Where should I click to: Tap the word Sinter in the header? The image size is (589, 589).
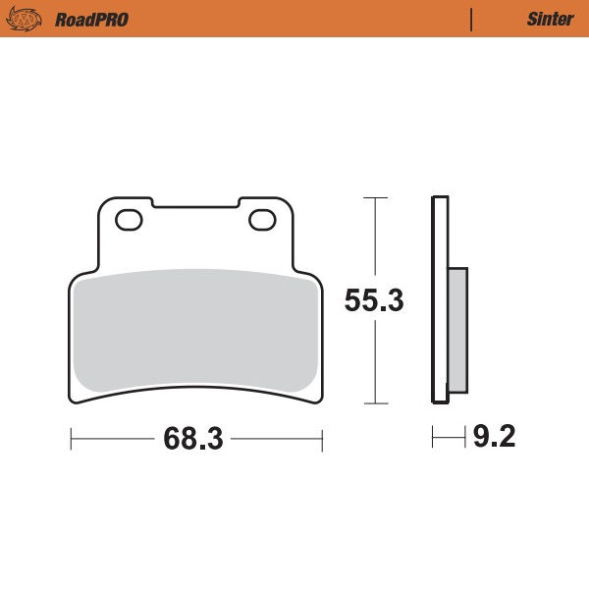pyautogui.click(x=543, y=19)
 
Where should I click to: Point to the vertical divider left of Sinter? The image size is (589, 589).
pyautogui.click(x=472, y=19)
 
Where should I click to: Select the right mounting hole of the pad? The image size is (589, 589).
pyautogui.click(x=261, y=220)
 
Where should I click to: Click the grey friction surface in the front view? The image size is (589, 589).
pyautogui.click(x=196, y=329)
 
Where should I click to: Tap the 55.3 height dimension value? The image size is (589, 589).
pyautogui.click(x=374, y=301)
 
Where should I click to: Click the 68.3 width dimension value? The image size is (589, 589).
pyautogui.click(x=193, y=439)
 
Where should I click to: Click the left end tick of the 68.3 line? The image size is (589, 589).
pyautogui.click(x=71, y=439)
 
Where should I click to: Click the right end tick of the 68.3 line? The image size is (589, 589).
pyautogui.click(x=322, y=439)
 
